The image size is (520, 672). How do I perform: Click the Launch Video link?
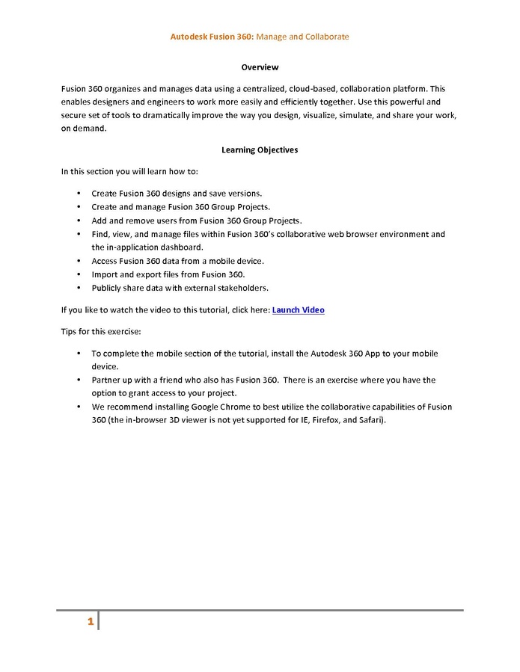pyautogui.click(x=298, y=310)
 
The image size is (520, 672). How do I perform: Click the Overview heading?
pyautogui.click(x=260, y=67)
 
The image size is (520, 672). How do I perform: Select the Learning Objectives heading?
pyautogui.click(x=260, y=150)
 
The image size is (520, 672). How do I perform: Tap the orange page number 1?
pyautogui.click(x=90, y=622)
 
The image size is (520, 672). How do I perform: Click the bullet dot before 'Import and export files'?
pyautogui.click(x=79, y=274)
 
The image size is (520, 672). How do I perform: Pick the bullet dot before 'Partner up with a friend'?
pyautogui.click(x=79, y=380)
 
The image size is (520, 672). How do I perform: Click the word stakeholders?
pyautogui.click(x=242, y=288)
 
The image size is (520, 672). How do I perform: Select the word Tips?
pyautogui.click(x=70, y=332)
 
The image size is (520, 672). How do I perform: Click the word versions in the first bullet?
pyautogui.click(x=243, y=194)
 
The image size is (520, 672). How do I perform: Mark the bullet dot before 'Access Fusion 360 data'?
pyautogui.click(x=79, y=261)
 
